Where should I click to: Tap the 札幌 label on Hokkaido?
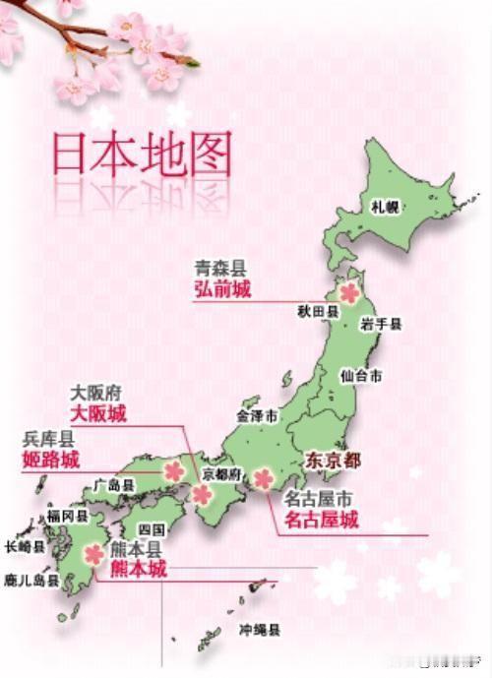pos(385,207)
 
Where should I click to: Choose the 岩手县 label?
pos(381,324)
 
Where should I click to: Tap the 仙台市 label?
pos(360,376)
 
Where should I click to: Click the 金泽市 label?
pos(257,417)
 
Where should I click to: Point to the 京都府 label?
pos(221,473)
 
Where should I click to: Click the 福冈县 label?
pos(68,515)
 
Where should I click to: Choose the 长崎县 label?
pos(25,546)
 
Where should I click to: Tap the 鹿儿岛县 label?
pos(31,580)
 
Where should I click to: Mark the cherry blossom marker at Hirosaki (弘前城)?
pos(349,292)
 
